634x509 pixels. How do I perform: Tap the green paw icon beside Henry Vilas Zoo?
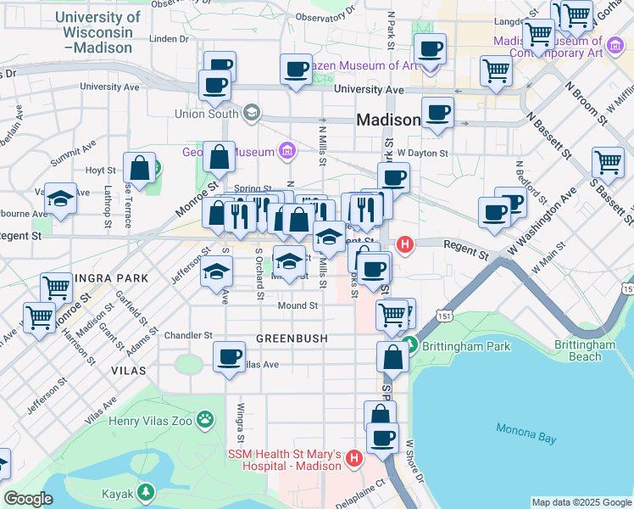[205, 417]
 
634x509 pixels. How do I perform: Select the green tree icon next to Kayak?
[147, 491]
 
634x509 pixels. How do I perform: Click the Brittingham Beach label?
[585, 351]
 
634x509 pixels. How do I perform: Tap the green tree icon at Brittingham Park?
[410, 345]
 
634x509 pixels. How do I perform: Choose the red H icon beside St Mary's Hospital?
[353, 461]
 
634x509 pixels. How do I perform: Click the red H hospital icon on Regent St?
[405, 245]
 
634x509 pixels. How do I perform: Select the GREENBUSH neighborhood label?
[292, 338]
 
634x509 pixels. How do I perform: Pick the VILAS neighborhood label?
[127, 371]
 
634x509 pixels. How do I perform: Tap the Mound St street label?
[298, 305]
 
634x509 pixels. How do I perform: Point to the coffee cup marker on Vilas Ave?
[228, 356]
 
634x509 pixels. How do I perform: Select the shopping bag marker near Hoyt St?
[139, 167]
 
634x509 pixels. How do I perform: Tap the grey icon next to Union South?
[251, 113]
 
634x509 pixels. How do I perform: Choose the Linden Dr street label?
[168, 38]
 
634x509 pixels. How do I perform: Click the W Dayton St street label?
[422, 153]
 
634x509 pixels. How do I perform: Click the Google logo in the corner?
[29, 499]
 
